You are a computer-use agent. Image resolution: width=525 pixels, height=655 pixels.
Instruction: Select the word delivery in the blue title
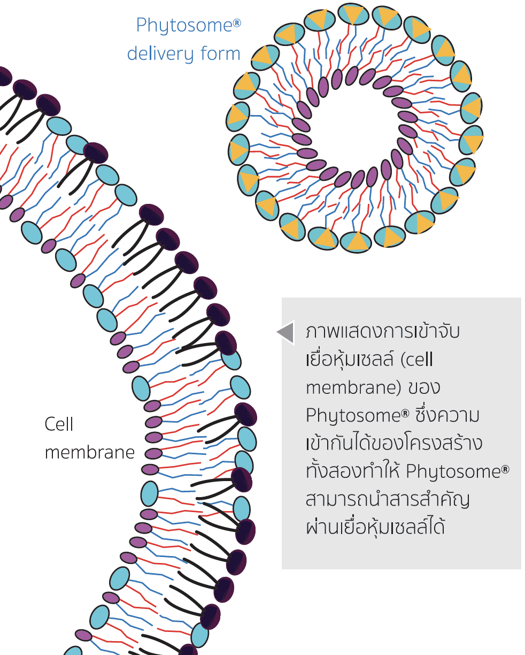[160, 54]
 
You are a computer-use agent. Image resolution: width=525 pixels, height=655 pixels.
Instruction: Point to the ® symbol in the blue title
[236, 22]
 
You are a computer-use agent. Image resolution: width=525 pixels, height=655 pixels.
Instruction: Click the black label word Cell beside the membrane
[59, 424]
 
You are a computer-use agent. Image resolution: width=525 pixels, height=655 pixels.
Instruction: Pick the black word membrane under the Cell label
[90, 453]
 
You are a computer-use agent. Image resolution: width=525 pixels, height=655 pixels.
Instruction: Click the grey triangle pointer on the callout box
[286, 332]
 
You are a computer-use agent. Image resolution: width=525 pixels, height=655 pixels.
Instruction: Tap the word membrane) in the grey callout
[353, 387]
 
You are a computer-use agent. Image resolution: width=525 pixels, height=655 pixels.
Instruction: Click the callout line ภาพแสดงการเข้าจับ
[382, 331]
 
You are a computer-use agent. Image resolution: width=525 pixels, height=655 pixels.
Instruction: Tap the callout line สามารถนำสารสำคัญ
[387, 500]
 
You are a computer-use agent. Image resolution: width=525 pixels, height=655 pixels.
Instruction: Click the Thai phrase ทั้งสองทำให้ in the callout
[352, 472]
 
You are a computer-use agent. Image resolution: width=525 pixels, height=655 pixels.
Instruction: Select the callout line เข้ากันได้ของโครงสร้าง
[393, 444]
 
